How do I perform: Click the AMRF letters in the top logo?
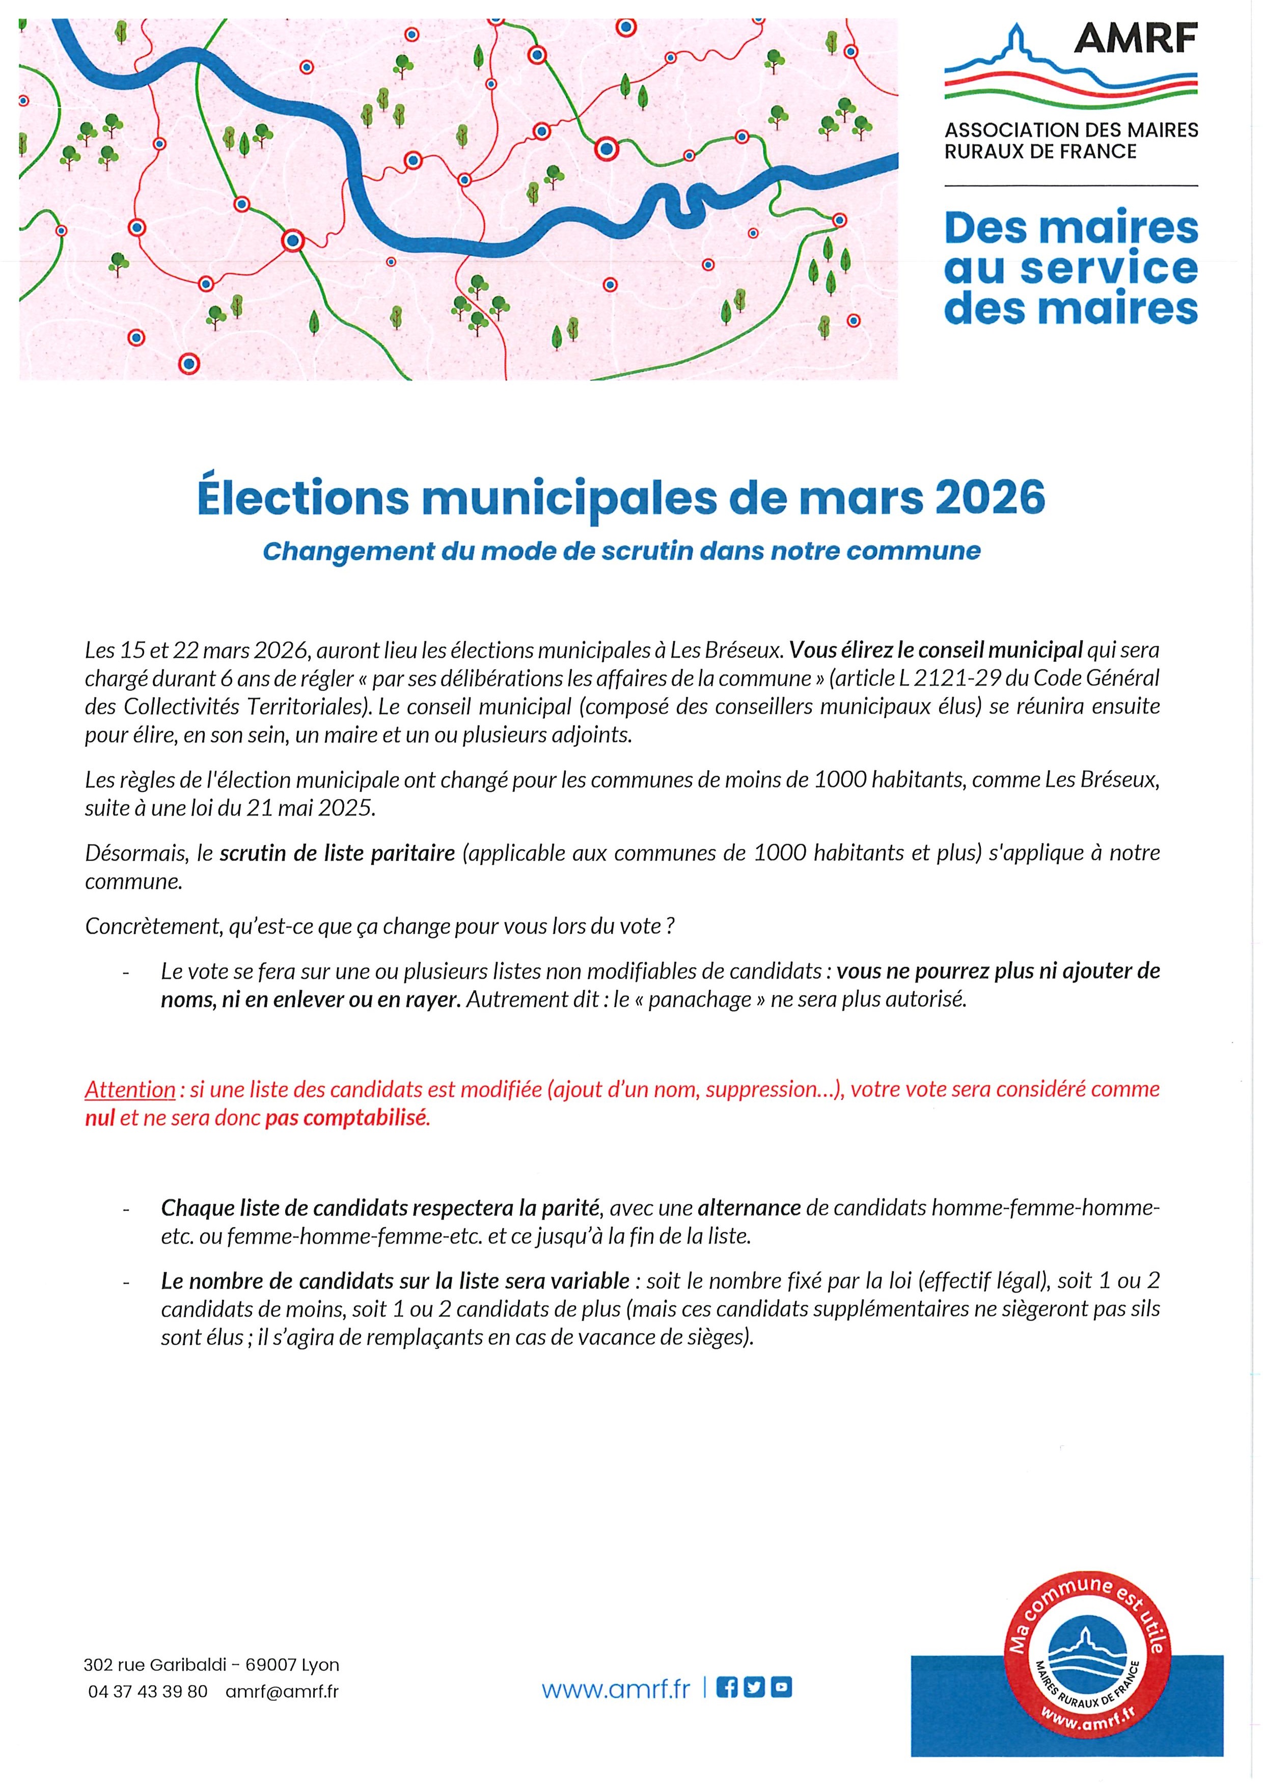click(1135, 38)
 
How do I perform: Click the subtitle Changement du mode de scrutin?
click(621, 551)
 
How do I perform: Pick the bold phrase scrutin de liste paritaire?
click(337, 853)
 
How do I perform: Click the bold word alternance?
click(749, 1208)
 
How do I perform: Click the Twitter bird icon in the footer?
click(753, 1687)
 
